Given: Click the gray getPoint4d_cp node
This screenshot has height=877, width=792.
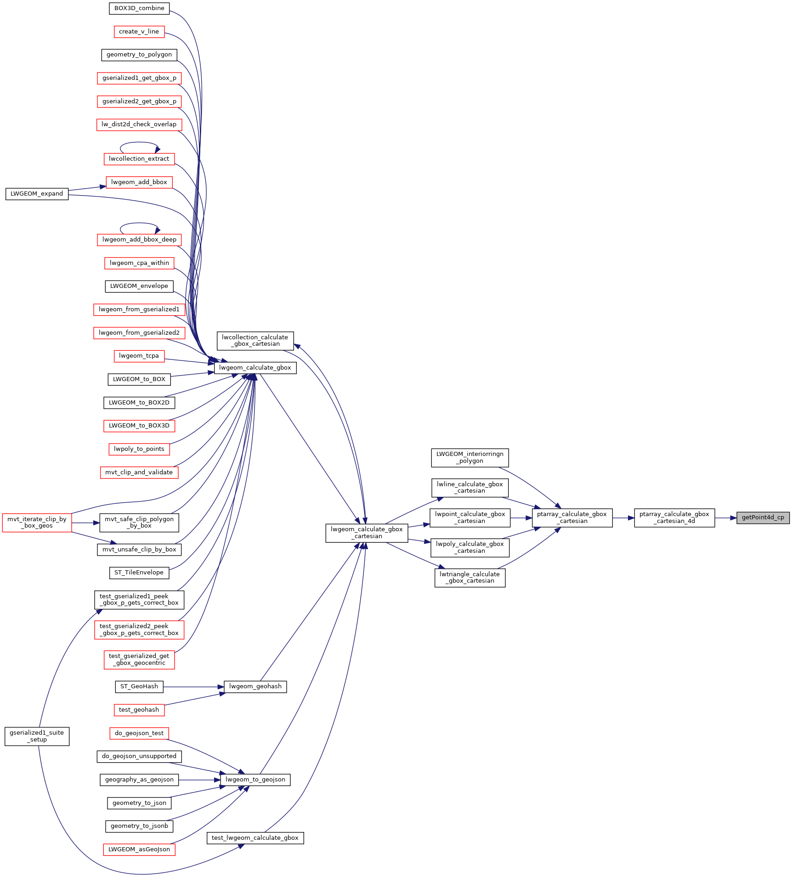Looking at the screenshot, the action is [763, 517].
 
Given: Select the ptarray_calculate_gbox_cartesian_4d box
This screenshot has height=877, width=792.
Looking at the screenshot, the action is [674, 517].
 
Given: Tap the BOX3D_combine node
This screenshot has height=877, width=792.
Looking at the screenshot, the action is [139, 8].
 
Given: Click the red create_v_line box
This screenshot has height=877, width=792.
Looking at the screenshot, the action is [139, 32].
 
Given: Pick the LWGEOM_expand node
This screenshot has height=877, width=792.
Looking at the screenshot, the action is [37, 194].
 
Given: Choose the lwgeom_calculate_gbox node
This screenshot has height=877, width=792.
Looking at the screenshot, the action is [255, 368].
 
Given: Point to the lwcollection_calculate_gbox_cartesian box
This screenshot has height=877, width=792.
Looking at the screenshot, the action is [255, 340].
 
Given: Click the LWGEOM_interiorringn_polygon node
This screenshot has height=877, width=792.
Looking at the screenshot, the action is [470, 457].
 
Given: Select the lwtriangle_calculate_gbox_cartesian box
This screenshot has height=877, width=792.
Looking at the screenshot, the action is [470, 578].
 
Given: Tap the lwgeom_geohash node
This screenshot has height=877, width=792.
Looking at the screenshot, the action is [255, 686].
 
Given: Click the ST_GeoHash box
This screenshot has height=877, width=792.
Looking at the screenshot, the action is [139, 686].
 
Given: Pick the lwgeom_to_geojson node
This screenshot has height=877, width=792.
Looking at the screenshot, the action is [255, 780].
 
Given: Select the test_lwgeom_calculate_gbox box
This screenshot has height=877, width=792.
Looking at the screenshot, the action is [255, 838].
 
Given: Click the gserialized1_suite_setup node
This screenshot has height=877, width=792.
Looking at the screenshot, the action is [37, 736].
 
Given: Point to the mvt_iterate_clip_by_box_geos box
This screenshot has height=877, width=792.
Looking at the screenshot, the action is [37, 523].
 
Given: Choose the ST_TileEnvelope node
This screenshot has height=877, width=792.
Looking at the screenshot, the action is [139, 573].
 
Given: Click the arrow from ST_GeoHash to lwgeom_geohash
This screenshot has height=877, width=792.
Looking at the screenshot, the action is [193, 686].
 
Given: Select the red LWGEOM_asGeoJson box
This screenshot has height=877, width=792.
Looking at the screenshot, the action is [139, 849].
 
